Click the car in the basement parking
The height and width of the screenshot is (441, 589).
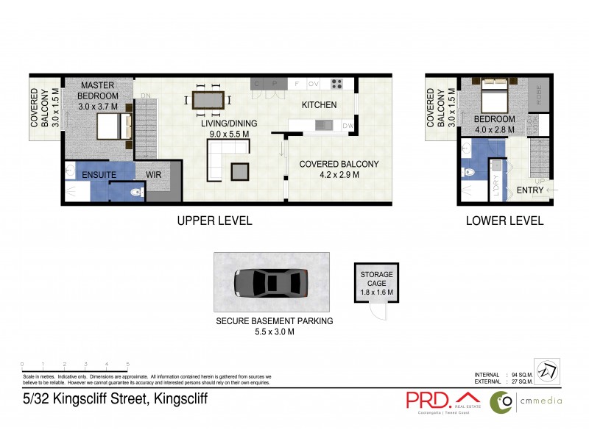click(271, 282)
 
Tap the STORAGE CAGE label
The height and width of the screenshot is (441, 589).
click(376, 274)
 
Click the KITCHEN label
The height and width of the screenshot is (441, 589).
click(319, 105)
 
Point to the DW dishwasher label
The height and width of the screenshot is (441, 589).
click(348, 126)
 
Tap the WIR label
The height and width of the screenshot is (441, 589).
click(154, 175)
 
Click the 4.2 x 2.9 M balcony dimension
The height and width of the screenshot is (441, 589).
click(328, 175)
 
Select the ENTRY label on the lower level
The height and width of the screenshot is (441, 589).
click(530, 190)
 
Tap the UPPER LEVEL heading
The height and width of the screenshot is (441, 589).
click(214, 220)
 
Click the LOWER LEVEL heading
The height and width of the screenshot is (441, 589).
click(504, 220)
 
